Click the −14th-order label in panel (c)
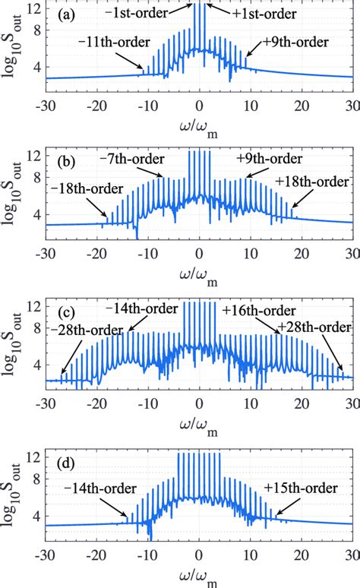pos(141,308)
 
